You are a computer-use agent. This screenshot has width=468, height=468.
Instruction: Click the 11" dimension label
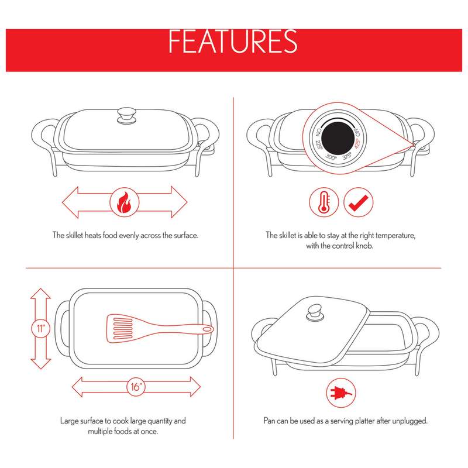pyautogui.click(x=40, y=328)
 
